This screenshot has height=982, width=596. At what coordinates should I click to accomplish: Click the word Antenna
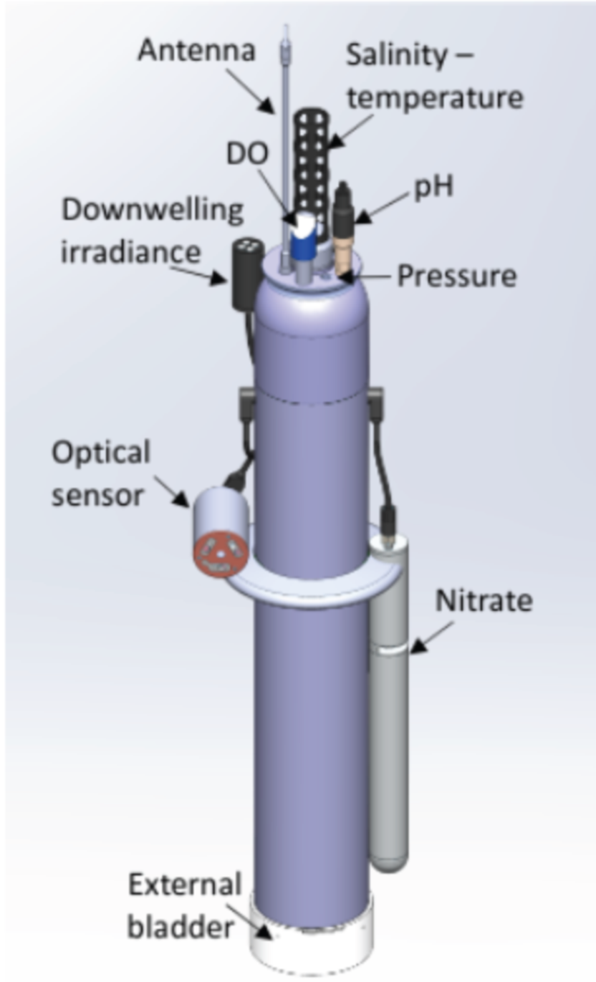point(196,50)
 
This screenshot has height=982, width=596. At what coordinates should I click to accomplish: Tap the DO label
point(247,154)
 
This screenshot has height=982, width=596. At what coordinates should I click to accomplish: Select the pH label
point(433,188)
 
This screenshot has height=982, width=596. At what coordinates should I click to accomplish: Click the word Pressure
point(456,276)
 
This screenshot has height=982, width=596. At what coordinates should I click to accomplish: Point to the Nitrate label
point(484,600)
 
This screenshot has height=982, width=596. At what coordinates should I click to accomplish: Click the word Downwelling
point(152,211)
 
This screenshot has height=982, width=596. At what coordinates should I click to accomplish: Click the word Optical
point(101,453)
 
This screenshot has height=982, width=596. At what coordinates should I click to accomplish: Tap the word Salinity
point(397,56)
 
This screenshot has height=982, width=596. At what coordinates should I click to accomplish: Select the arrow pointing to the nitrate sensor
point(431,638)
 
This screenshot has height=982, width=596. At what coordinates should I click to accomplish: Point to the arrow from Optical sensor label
point(171,491)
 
